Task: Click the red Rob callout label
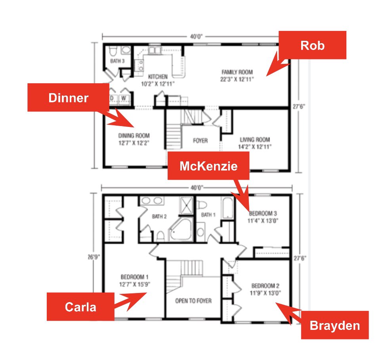click(x=312, y=45)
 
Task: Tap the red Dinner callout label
click(x=68, y=98)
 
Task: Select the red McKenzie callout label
click(x=208, y=166)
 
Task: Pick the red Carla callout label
click(x=80, y=307)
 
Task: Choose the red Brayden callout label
click(x=335, y=325)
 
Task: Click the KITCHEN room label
click(x=158, y=77)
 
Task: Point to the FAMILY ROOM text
click(x=237, y=72)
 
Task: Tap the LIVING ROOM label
click(x=255, y=140)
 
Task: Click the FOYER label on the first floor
click(x=200, y=141)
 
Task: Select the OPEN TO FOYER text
click(x=193, y=301)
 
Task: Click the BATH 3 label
click(x=117, y=61)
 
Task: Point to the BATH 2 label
click(x=159, y=216)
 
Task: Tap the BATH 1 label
click(x=208, y=215)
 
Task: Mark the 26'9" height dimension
click(x=94, y=257)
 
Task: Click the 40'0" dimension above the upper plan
click(x=196, y=37)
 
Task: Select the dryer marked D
click(x=113, y=98)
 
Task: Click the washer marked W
click(x=124, y=98)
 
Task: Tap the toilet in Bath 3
click(x=113, y=51)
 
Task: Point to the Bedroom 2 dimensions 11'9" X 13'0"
click(x=265, y=293)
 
